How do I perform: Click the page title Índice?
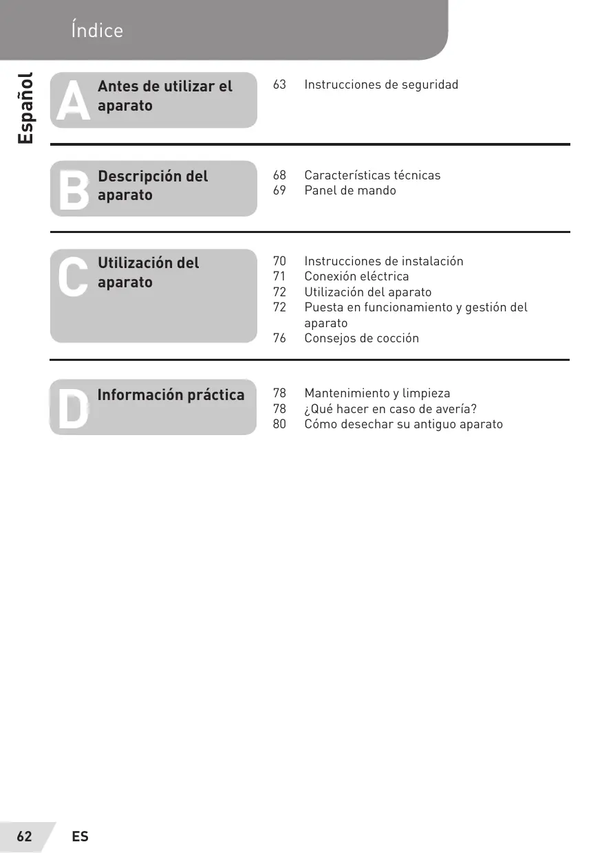(96, 31)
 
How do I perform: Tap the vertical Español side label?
(25, 108)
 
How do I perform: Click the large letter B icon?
(73, 190)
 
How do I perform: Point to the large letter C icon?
(72, 278)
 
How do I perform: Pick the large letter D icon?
(72, 410)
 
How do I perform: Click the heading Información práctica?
(171, 395)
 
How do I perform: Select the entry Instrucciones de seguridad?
(380, 85)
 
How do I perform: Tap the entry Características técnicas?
(372, 175)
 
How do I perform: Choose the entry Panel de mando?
(350, 190)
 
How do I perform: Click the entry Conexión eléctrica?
(356, 276)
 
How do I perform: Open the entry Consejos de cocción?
(361, 338)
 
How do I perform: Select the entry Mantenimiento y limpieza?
(377, 394)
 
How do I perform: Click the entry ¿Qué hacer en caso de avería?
(390, 409)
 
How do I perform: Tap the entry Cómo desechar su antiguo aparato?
(403, 424)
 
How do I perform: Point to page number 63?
(279, 85)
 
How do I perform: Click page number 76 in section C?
(279, 338)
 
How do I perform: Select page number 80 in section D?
(279, 424)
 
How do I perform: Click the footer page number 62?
(25, 837)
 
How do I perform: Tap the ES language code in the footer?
(80, 837)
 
